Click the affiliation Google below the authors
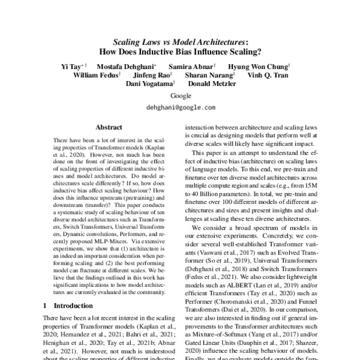181,96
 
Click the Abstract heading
109,127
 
